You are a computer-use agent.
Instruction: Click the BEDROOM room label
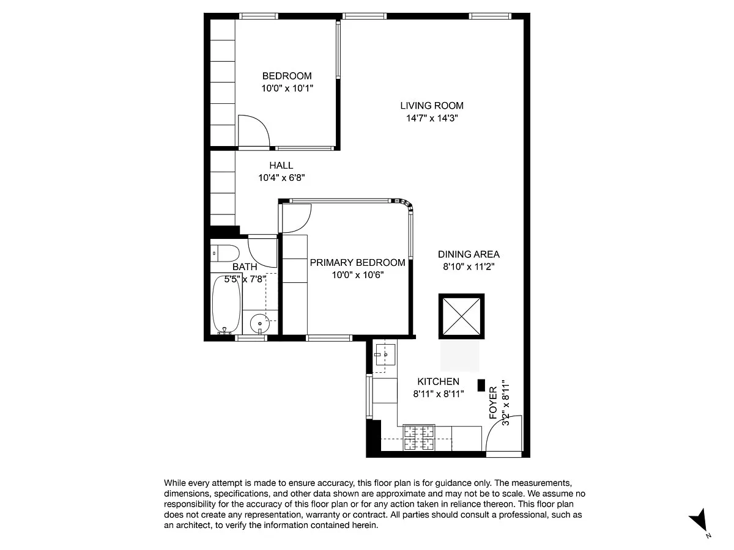coord(287,76)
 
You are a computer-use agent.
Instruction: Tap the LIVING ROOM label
coord(432,106)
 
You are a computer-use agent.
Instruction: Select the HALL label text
coord(281,165)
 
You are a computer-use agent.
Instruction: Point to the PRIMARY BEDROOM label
coord(357,263)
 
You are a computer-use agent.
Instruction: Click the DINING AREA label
coord(469,254)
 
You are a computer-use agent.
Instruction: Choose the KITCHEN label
coord(438,381)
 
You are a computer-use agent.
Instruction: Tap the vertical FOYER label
coord(493,402)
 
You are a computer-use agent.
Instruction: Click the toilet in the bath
coord(224,254)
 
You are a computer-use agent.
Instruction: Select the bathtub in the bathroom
coord(226,304)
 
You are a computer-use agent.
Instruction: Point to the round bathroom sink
coord(260,322)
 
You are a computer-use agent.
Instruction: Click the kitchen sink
coord(385,354)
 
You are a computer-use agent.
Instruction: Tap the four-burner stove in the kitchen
coord(419,438)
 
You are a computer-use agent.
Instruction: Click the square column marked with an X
coord(461,316)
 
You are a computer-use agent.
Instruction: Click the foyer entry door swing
coord(503,434)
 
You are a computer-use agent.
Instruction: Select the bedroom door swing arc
coord(253,131)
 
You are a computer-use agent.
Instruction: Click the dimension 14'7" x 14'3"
coord(432,118)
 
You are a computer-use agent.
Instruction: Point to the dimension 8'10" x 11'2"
coord(469,266)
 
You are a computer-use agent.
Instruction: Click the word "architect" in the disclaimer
coord(193,526)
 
